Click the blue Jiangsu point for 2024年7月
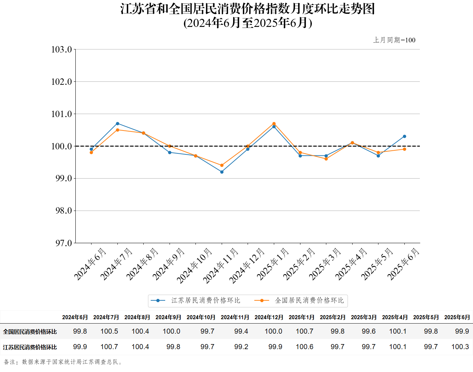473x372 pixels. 117,123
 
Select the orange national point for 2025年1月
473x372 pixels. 274,123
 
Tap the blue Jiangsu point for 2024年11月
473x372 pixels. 222,172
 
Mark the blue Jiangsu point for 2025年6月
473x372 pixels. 404,136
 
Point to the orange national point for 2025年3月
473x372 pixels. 326,159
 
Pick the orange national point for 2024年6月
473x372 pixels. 91,152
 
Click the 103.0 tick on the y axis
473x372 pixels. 62,49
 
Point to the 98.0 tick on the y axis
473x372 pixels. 64,211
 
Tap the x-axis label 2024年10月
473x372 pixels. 194,266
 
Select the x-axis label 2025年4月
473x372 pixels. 351,264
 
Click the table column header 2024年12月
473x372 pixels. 269,317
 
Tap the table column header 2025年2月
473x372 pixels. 332,317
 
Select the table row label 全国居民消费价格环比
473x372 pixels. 30,332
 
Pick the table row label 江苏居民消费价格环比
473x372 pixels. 30,347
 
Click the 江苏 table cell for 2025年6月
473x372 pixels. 460,347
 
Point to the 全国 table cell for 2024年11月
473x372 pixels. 241,331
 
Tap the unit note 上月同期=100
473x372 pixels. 394,40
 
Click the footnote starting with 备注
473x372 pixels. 63,362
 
